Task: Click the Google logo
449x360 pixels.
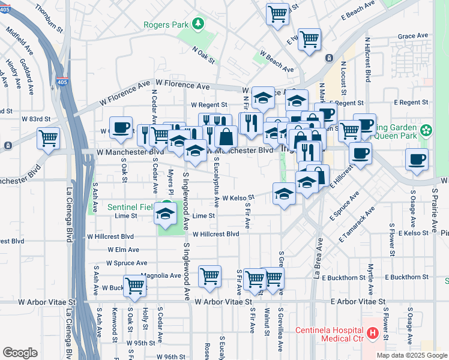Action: pos(20,352)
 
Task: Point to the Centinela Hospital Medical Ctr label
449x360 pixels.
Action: pos(330,336)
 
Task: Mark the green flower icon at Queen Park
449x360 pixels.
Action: pos(426,130)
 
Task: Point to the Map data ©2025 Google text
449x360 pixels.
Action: pos(411,355)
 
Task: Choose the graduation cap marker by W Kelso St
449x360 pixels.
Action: pos(284,193)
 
